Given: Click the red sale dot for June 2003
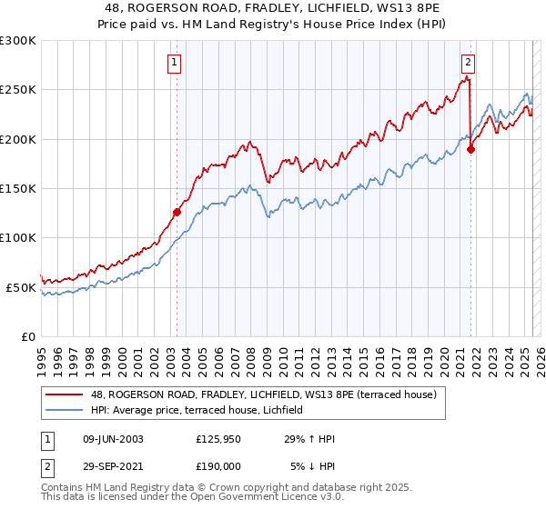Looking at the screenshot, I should tap(177, 212).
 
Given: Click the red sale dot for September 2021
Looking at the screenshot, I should tap(470, 149).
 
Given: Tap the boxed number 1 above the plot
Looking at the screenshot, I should tap(173, 63).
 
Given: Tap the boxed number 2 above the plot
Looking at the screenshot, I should tap(468, 63).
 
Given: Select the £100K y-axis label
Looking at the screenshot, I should tap(18, 237).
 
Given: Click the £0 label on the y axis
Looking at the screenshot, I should tap(27, 336).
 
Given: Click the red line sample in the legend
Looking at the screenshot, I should tap(65, 394).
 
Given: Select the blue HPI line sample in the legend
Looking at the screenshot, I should tap(65, 411).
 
